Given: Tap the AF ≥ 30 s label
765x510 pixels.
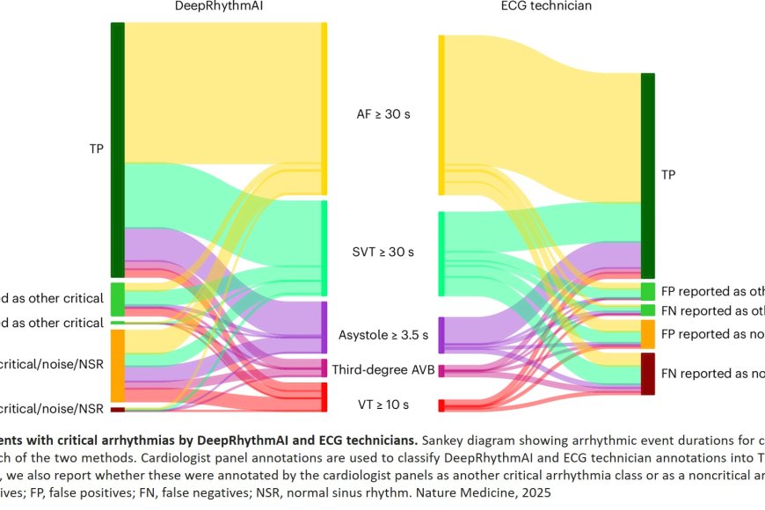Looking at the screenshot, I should [x=382, y=114].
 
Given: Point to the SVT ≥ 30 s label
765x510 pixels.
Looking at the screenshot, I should [x=382, y=251].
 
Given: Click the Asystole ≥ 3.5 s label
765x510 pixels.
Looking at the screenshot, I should [x=383, y=335].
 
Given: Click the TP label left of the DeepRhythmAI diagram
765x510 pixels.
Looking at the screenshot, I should [x=96, y=149].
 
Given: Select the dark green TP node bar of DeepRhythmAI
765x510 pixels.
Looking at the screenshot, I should [x=117, y=149].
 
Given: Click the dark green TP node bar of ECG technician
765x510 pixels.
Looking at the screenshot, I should [x=647, y=176].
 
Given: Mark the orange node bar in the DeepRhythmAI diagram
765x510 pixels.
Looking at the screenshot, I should [x=117, y=366].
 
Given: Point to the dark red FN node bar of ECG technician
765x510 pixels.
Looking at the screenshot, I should [x=647, y=374].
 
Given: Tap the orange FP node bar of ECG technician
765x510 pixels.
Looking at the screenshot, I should [x=647, y=334].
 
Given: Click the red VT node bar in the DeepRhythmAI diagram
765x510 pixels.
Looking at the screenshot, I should [x=324, y=397].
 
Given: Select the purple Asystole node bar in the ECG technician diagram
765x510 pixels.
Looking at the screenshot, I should [x=441, y=335].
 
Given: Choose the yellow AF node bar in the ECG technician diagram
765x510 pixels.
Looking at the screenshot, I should [x=441, y=114].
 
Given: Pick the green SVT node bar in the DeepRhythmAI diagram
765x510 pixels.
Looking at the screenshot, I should [x=324, y=249].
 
